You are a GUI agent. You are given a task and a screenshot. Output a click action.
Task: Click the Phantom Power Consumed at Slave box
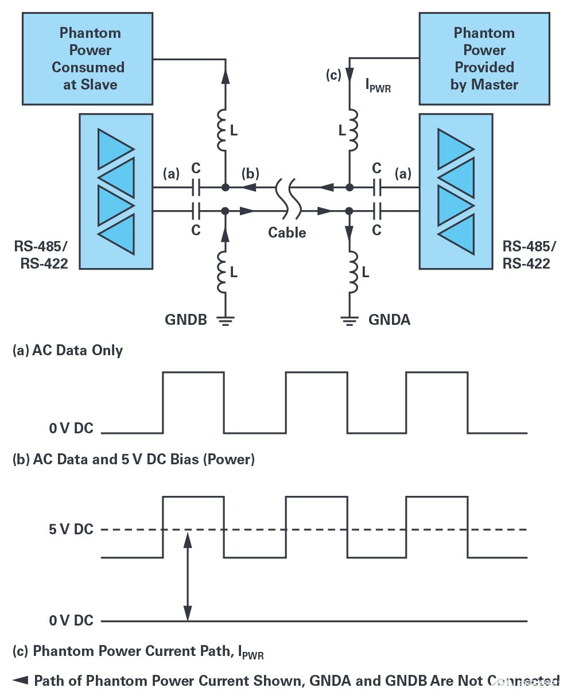(x=87, y=59)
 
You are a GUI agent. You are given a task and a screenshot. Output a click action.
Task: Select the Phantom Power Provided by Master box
(x=484, y=59)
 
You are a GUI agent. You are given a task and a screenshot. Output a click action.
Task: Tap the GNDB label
(x=186, y=320)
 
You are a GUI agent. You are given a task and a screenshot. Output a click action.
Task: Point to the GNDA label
(x=389, y=320)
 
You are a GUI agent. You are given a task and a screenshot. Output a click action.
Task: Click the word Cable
(x=287, y=232)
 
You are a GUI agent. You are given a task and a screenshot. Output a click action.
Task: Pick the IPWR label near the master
(x=378, y=86)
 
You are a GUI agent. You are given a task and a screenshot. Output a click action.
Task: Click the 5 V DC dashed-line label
(x=71, y=529)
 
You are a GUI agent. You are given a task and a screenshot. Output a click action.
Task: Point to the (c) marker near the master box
(x=333, y=75)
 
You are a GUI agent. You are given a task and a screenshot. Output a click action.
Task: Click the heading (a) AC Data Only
(x=68, y=350)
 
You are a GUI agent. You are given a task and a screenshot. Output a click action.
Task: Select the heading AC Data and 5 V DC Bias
(x=133, y=459)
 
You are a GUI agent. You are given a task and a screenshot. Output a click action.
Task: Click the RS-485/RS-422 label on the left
(x=41, y=255)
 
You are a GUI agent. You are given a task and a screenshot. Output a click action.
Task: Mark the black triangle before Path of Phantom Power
(x=20, y=681)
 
